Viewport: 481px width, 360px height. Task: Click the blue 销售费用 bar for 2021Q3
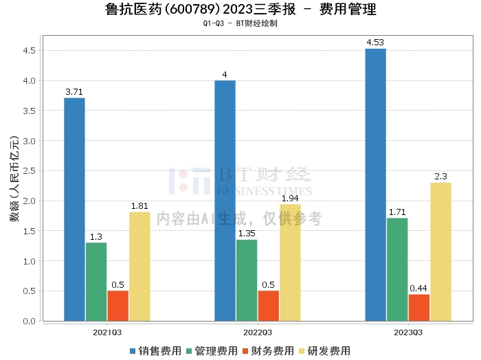tap(74, 210)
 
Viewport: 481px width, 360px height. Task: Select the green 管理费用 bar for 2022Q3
tap(247, 280)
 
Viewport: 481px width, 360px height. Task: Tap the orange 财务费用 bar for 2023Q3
tap(418, 308)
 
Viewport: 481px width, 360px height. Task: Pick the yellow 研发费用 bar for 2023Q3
tap(440, 251)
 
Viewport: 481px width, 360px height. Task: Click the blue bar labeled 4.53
tap(375, 185)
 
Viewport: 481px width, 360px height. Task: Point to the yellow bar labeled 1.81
tap(139, 267)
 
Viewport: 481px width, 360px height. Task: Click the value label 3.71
tap(74, 91)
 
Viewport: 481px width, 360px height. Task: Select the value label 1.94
tap(290, 197)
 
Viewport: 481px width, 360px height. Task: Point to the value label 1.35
tap(247, 233)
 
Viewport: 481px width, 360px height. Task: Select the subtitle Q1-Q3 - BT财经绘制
tap(240, 23)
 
